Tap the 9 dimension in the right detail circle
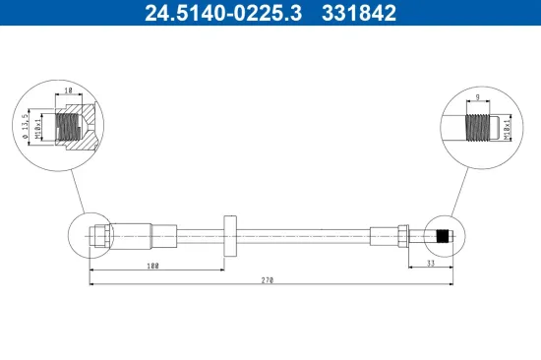pos(477,96)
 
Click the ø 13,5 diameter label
pos(23,128)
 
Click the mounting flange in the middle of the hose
pos(230,236)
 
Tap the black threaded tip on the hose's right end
pos(444,236)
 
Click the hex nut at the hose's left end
pos(99,236)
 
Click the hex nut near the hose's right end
pos(404,236)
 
